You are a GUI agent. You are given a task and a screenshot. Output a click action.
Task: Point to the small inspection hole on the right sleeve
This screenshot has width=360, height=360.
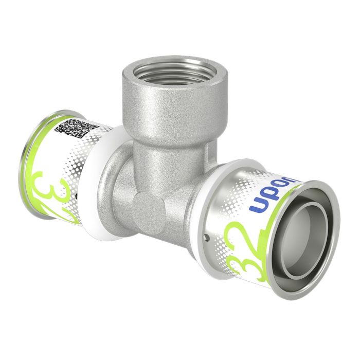(206, 238)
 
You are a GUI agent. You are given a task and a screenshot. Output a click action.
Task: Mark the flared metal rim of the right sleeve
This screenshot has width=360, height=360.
(330, 206)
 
